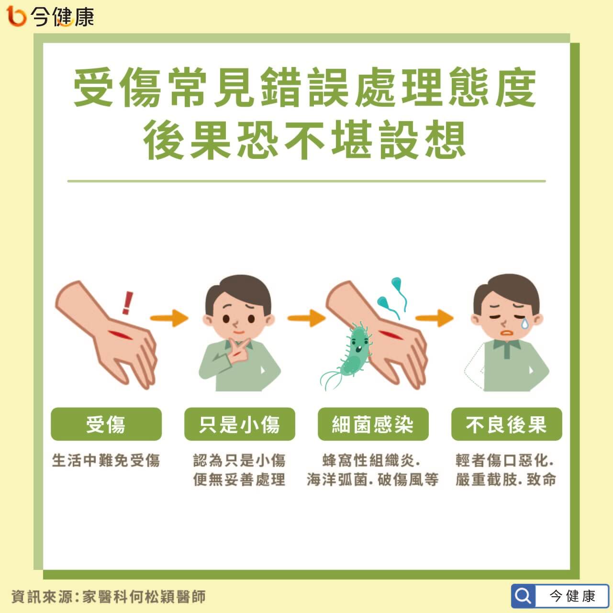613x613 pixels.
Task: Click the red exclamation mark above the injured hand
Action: (128, 303)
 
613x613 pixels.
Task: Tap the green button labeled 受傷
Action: (106, 424)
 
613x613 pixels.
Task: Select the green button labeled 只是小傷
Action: (240, 424)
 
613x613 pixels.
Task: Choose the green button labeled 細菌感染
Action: (373, 424)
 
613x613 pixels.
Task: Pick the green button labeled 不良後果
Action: (506, 424)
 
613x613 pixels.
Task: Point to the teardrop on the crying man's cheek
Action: (524, 323)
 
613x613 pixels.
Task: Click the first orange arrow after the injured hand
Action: (169, 318)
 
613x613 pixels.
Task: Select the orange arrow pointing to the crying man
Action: (434, 318)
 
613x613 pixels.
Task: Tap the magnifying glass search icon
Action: (523, 596)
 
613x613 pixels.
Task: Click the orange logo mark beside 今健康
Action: (16, 16)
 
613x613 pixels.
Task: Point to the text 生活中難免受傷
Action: (106, 460)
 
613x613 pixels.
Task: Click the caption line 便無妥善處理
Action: (239, 479)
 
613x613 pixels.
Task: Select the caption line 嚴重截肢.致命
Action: (506, 479)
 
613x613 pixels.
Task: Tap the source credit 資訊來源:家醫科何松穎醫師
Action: (109, 596)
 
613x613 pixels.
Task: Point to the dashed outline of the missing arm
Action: (474, 368)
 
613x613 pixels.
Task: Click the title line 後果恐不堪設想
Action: (304, 140)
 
